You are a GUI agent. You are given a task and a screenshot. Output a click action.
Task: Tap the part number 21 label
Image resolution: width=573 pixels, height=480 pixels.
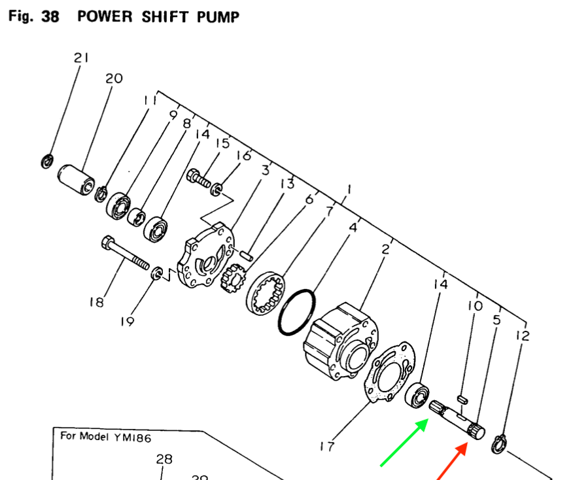tap(80, 58)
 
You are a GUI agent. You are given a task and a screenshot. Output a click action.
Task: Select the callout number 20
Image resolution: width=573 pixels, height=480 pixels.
tap(114, 78)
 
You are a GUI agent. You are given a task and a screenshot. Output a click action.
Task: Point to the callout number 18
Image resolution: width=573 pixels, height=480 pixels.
tap(97, 301)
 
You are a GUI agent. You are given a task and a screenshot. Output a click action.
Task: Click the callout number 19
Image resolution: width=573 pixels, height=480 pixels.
tap(127, 321)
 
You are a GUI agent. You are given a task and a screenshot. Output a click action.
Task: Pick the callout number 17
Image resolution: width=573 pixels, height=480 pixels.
tap(327, 447)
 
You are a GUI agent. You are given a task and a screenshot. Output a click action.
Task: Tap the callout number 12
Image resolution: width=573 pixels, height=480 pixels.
tap(523, 336)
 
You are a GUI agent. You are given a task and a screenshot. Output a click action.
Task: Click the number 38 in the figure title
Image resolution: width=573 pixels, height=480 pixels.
tap(50, 16)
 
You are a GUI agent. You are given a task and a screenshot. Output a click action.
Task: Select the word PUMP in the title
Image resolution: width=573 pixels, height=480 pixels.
tap(218, 16)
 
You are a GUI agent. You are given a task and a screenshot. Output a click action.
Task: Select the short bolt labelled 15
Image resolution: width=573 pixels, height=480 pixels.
tap(200, 177)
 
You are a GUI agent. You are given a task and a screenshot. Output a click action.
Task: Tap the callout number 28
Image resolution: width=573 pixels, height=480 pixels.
tap(164, 459)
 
